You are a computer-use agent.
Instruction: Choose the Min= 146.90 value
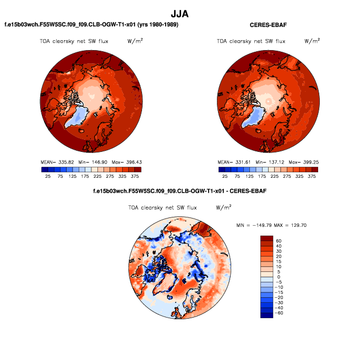point(91,162)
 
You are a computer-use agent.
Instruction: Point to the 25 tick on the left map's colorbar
point(48,177)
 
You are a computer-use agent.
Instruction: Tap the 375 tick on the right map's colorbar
point(312,177)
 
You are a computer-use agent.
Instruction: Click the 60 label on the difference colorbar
point(279,241)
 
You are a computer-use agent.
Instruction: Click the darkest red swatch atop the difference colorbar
point(267,238)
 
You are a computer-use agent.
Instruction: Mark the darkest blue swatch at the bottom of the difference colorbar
point(267,315)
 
